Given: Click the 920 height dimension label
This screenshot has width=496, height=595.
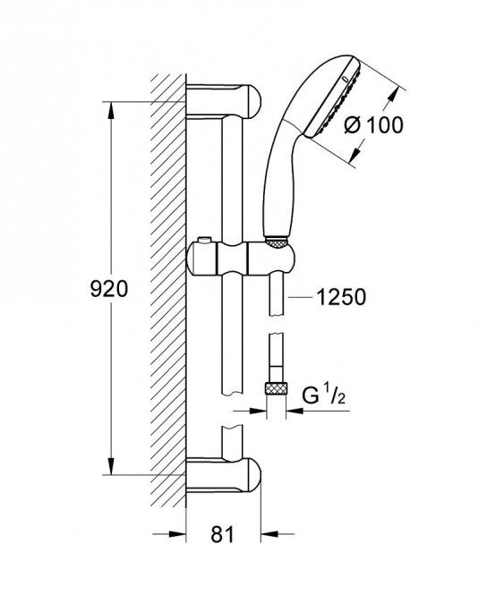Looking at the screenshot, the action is click(x=109, y=290).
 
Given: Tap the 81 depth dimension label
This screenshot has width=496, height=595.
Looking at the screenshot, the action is click(x=223, y=534).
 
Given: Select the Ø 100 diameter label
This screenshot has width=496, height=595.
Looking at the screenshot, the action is click(x=373, y=124).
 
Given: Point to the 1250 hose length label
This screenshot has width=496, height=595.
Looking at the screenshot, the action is click(x=341, y=297).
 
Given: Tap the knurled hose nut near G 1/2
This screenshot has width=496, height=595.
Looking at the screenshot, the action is click(x=276, y=389).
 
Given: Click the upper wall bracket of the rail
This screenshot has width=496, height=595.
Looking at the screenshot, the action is click(x=223, y=101).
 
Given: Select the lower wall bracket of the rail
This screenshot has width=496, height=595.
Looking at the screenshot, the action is click(x=223, y=475).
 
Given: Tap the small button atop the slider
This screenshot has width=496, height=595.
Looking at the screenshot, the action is click(x=204, y=240).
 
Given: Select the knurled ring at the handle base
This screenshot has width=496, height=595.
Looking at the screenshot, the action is click(x=276, y=242).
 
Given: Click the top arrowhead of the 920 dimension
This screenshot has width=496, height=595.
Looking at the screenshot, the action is click(x=110, y=110).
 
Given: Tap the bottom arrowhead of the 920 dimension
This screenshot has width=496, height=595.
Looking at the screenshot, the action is click(x=110, y=466).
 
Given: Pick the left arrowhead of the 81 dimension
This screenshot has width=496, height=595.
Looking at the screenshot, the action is click(x=177, y=534).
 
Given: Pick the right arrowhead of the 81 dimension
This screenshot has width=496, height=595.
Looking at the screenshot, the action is click(x=269, y=534).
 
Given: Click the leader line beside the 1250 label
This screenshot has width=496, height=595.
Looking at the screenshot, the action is click(x=301, y=297).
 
